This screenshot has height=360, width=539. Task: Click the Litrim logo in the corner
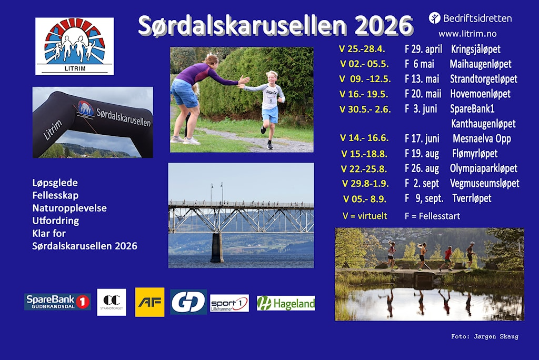pos(74,46)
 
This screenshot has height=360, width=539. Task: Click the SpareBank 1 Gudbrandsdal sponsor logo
pos(57,302)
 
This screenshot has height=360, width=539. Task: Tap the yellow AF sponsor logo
pos(149,302)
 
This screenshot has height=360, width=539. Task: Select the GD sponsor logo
pos(188,302)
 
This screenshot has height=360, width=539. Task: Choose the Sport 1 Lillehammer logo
pos(229,303)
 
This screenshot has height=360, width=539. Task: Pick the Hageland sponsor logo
pos(286,303)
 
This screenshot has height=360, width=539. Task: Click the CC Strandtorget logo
pos(112,302)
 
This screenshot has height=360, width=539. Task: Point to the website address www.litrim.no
pos(467,34)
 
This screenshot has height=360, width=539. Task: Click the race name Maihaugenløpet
pos(480,64)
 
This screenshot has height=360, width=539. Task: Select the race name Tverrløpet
pos(472,198)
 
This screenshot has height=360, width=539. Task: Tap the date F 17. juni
pos(422,138)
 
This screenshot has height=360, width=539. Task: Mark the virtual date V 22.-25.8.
pos(364,169)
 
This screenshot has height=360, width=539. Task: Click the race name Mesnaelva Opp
pos(481,139)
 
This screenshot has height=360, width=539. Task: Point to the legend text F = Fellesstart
pos(432,216)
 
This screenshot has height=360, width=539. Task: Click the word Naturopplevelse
pos(69,208)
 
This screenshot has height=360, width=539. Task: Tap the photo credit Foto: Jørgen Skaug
pos(484,336)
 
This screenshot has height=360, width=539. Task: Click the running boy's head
pos(272,76)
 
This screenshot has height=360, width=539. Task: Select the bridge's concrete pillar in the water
pos(216,247)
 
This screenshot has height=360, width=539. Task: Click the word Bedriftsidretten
pos(477,18)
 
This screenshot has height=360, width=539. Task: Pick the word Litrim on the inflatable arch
pos(53,129)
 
